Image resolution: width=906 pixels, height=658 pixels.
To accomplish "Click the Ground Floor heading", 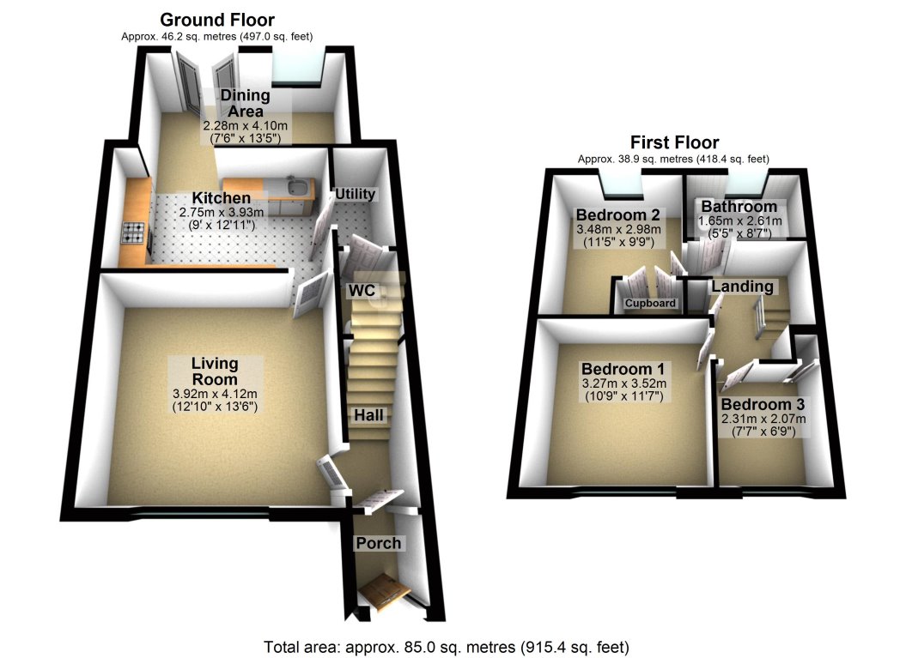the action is click(217, 20).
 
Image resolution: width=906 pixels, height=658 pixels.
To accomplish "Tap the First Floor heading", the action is click(674, 142).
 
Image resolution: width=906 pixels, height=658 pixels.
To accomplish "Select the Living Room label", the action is click(215, 371).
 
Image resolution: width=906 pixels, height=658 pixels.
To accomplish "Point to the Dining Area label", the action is click(240, 103).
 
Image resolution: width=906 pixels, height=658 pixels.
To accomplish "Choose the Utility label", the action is click(356, 195).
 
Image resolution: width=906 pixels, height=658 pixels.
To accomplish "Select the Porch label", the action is click(379, 543).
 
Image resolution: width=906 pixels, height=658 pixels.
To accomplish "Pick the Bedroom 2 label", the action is click(617, 214).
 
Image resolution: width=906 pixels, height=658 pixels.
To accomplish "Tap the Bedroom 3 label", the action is click(763, 405).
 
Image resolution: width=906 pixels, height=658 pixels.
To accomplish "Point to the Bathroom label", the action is click(739, 207).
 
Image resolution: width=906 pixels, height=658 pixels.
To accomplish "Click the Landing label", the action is click(742, 287).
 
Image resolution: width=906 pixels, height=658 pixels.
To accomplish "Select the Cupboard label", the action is click(650, 304).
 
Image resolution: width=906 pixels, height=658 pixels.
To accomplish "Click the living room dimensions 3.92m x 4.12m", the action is click(216, 395).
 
